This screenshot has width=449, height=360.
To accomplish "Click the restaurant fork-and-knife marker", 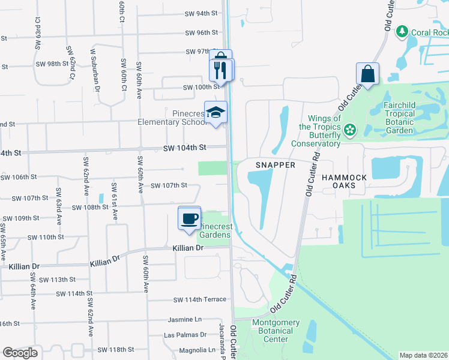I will (x=220, y=70).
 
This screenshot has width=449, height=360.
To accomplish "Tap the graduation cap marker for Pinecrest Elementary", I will (x=216, y=112).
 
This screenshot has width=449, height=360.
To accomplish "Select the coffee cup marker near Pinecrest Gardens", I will (x=190, y=218).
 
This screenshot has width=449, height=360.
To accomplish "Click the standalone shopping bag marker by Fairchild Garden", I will (x=367, y=74).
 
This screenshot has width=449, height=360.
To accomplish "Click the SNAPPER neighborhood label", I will (x=276, y=165).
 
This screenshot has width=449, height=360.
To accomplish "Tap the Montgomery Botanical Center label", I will (x=276, y=331).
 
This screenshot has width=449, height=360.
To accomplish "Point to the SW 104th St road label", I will (x=187, y=147).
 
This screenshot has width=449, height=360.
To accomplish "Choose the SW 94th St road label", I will (x=200, y=13).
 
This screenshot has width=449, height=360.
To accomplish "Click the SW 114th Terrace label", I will (x=200, y=299).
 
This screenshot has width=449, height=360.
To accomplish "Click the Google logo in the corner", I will (x=20, y=353).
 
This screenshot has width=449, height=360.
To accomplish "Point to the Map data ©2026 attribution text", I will (x=424, y=355).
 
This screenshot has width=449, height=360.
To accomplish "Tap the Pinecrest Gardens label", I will (x=214, y=230).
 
